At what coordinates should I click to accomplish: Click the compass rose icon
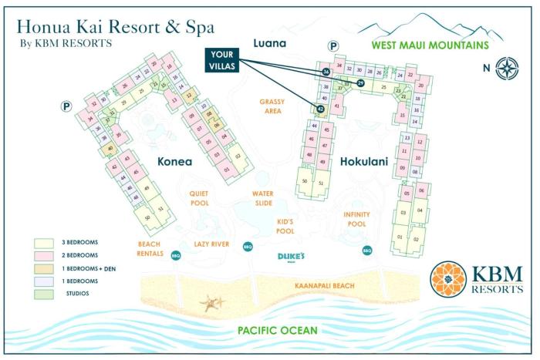point(506,67)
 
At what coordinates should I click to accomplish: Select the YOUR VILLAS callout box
point(221,60)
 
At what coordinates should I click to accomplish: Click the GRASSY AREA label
point(272,106)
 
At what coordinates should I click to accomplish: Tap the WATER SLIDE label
point(263,198)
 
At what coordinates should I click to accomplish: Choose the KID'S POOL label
point(285,226)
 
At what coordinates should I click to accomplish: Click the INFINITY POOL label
point(356,219)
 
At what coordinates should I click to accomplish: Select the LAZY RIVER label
point(211,244)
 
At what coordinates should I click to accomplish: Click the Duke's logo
point(292,257)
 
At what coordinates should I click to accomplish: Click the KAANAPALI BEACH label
point(324,286)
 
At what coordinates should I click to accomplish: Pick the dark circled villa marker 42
point(320,109)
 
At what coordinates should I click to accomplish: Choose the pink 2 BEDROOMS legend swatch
point(42,254)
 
